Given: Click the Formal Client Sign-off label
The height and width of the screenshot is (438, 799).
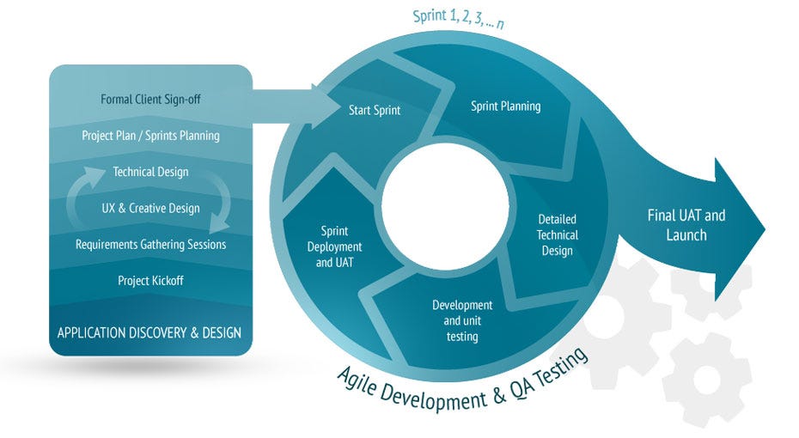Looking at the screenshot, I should point(150,99).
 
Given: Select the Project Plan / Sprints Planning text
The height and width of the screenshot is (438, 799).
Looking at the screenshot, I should point(150,136).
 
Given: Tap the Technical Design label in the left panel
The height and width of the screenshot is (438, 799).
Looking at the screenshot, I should point(150,172).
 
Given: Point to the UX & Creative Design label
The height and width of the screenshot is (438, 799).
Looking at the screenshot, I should point(150,208).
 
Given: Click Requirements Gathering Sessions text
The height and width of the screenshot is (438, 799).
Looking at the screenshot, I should point(150,245).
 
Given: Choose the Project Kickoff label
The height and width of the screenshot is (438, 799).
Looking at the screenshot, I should point(150,281).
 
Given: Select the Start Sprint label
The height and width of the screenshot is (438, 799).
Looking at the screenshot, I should point(375,110).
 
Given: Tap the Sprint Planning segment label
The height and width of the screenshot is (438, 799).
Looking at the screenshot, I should point(505,106).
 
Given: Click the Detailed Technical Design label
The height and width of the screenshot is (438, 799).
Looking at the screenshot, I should point(557,234).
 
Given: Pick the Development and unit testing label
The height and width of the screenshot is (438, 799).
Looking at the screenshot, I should point(461,320).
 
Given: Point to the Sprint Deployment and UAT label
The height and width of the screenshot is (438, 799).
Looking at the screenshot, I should point(334,246).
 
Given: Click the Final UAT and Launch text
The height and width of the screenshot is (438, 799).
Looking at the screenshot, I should point(686,225).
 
